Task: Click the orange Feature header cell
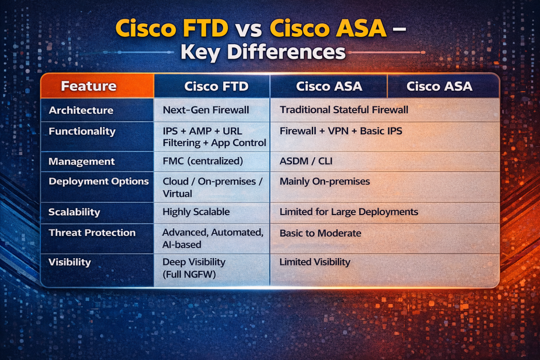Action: [97, 86]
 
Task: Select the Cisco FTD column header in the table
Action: [212, 86]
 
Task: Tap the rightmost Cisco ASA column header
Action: [443, 86]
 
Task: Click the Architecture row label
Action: [81, 110]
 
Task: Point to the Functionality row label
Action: [82, 132]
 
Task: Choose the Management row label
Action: [82, 161]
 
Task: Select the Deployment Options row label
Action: [99, 181]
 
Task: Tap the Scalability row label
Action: [74, 212]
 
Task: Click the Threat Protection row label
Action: [92, 233]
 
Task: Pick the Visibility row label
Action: [70, 262]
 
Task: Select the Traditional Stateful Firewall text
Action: [344, 110]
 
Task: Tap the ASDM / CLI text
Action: [306, 161]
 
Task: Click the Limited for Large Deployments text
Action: [349, 212]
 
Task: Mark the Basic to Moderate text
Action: [320, 233]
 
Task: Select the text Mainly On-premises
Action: [325, 181]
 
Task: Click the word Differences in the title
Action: [286, 52]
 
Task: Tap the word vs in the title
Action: [249, 30]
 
